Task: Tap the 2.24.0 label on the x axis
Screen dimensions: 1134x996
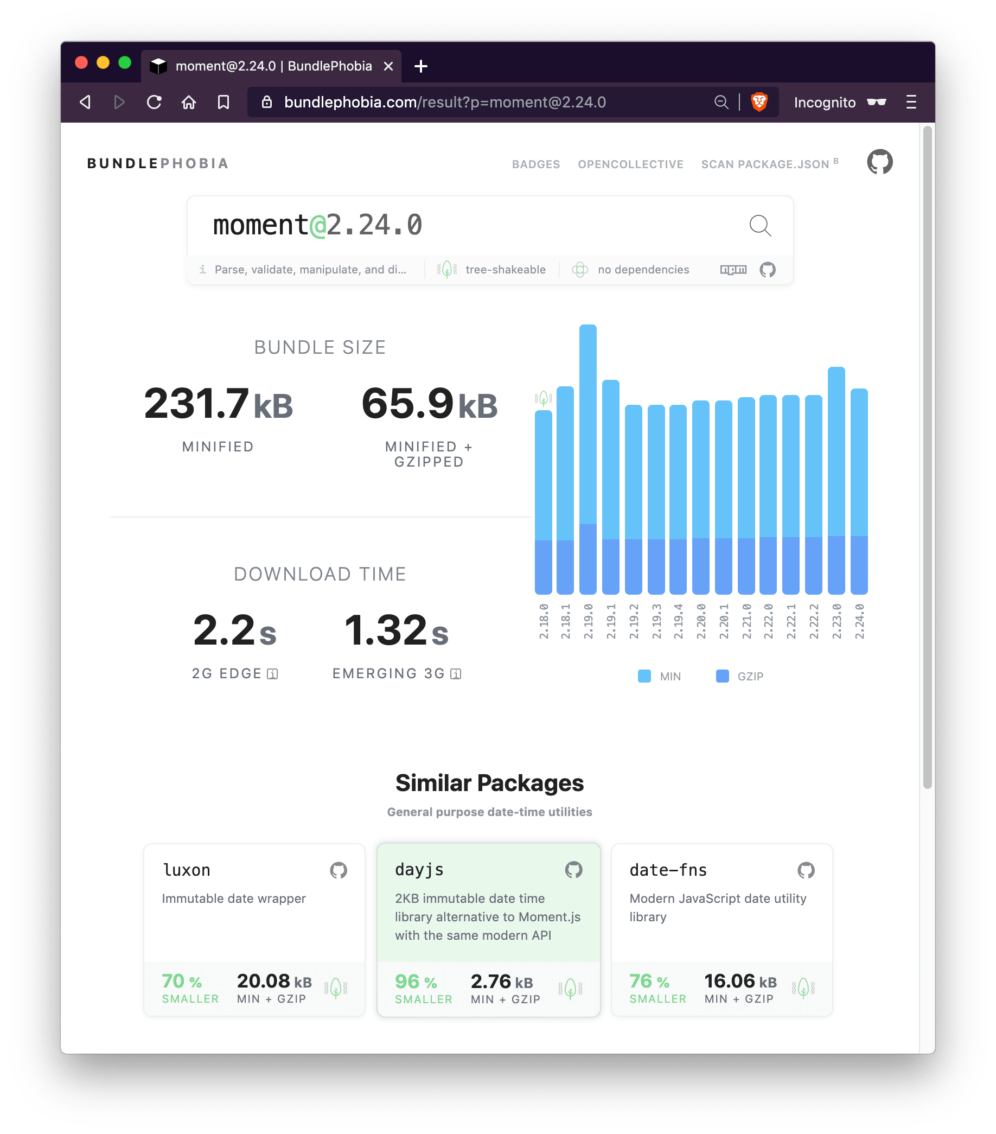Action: [860, 621]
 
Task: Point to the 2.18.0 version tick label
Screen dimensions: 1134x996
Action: [544, 621]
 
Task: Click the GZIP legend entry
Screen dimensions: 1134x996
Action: [740, 676]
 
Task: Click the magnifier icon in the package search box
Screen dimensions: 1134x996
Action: [760, 226]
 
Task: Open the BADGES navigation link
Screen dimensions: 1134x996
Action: [536, 164]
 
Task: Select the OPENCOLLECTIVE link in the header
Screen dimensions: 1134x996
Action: [630, 164]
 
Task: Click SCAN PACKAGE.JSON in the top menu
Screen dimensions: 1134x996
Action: [765, 164]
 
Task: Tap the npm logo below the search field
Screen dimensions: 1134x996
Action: [733, 270]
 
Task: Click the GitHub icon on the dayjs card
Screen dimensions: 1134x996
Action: [573, 869]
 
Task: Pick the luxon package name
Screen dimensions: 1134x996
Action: [186, 870]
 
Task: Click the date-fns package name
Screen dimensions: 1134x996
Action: [668, 870]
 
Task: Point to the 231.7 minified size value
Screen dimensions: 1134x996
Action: [196, 403]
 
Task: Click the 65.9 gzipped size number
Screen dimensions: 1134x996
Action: [407, 403]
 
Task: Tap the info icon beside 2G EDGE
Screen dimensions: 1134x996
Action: [272, 673]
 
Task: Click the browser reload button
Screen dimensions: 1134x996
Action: [154, 102]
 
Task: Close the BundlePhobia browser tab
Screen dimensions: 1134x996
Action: [389, 66]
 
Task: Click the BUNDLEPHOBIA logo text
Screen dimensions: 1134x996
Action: [158, 164]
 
